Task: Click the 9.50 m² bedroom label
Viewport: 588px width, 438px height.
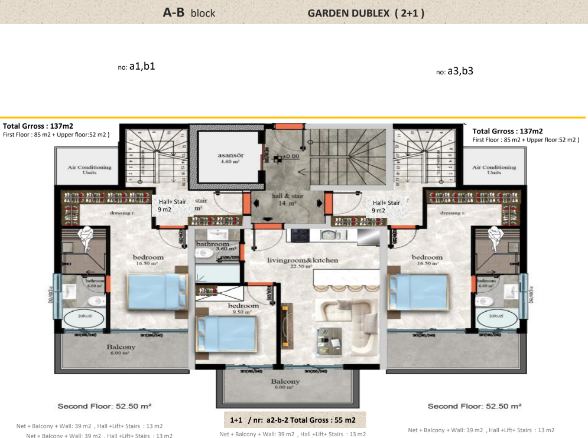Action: (244, 309)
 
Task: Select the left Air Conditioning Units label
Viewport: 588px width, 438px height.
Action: (89, 170)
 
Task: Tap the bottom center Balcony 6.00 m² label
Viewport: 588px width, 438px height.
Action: (285, 384)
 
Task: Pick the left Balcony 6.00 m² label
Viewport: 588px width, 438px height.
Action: (121, 350)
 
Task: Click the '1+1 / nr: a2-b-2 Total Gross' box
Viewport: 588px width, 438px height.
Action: (293, 420)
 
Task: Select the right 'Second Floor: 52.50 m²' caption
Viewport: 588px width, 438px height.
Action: (475, 406)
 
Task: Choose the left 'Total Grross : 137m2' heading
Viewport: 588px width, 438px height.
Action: (38, 126)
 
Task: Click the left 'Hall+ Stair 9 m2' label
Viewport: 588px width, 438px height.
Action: (172, 205)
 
